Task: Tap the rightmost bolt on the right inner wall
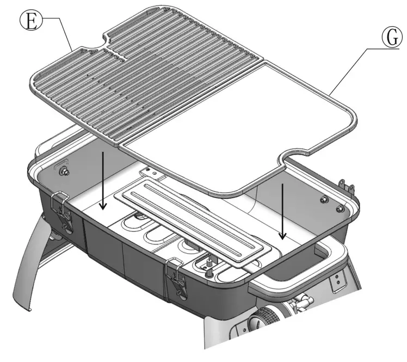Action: click(x=340, y=208)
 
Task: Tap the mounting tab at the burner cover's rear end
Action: click(x=150, y=174)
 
